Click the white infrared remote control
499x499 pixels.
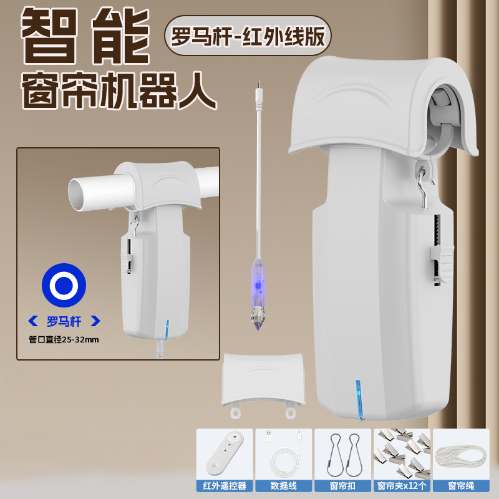(225, 452)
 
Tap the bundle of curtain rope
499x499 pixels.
(460, 452)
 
